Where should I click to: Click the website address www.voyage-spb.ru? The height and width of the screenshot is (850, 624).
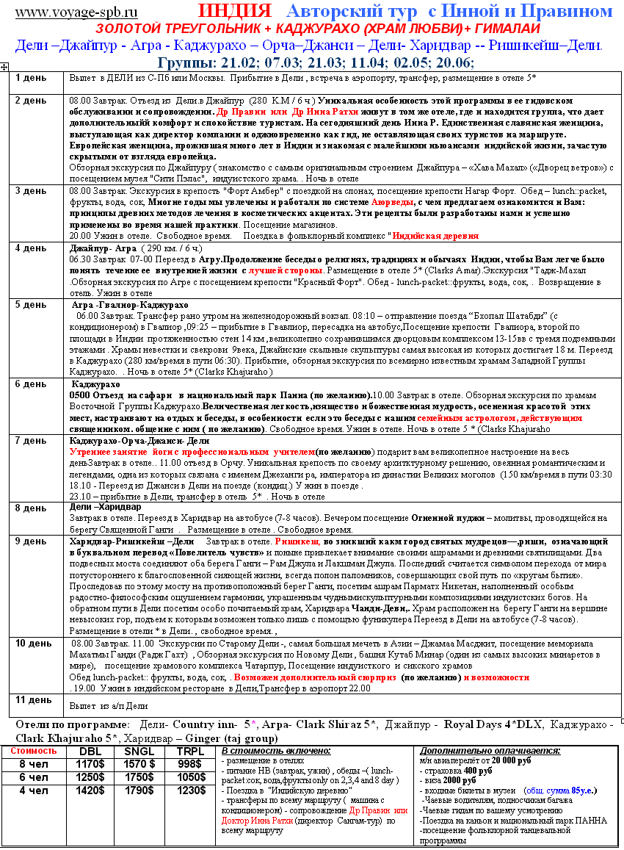point(76,12)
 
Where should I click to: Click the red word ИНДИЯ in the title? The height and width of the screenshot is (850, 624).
point(234,11)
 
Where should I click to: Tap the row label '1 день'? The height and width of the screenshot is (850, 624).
point(31,77)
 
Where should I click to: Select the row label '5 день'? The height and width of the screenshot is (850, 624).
point(31,304)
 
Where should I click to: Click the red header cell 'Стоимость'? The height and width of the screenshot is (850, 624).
point(33,751)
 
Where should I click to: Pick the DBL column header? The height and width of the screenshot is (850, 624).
point(91,751)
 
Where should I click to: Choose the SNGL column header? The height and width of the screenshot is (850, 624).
point(139,751)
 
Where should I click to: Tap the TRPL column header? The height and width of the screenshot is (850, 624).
point(189,751)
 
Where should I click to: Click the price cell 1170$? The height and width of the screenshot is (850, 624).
point(91,763)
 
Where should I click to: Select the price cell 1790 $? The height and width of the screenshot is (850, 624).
point(139,790)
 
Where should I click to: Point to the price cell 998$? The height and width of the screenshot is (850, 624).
point(189,763)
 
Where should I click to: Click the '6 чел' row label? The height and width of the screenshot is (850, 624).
point(33,777)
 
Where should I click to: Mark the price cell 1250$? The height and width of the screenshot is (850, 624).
point(91,777)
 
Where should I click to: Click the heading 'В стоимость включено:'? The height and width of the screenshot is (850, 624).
point(275,751)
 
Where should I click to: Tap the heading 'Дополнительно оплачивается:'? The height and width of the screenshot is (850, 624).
point(490,751)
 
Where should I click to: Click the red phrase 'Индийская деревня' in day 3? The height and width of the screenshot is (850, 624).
point(435,236)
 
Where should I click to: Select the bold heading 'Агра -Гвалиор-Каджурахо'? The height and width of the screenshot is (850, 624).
point(129,304)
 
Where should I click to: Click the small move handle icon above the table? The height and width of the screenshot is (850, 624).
point(5,67)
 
